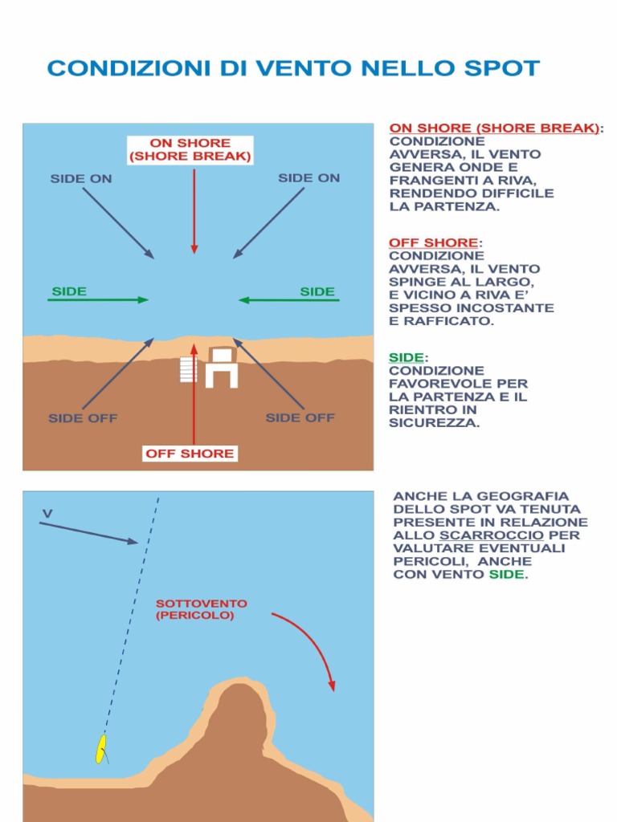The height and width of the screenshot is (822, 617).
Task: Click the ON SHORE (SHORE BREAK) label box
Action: pyautogui.click(x=190, y=149)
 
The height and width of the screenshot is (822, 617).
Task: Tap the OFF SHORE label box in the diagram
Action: pyautogui.click(x=190, y=454)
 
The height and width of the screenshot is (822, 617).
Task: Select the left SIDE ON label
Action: pyautogui.click(x=81, y=179)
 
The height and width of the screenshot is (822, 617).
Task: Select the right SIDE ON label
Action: pyautogui.click(x=308, y=178)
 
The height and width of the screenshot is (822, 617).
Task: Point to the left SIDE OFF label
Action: pyautogui.click(x=83, y=418)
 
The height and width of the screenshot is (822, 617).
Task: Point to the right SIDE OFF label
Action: pyautogui.click(x=300, y=417)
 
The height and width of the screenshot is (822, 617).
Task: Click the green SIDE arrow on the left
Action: pyautogui.click(x=98, y=300)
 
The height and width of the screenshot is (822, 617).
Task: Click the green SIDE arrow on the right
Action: pyautogui.click(x=289, y=300)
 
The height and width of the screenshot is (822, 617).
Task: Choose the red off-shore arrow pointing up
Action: pyautogui.click(x=194, y=401)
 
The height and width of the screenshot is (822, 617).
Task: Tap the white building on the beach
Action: pyautogui.click(x=221, y=368)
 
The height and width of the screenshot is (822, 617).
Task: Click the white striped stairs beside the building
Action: pyautogui.click(x=188, y=370)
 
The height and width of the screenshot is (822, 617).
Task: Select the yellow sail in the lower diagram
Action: pyautogui.click(x=100, y=748)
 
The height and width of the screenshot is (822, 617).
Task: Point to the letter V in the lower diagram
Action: pyautogui.click(x=47, y=513)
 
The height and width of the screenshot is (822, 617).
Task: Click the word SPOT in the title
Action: pyautogui.click(x=500, y=68)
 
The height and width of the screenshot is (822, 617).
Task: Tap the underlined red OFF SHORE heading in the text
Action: pyautogui.click(x=433, y=242)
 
